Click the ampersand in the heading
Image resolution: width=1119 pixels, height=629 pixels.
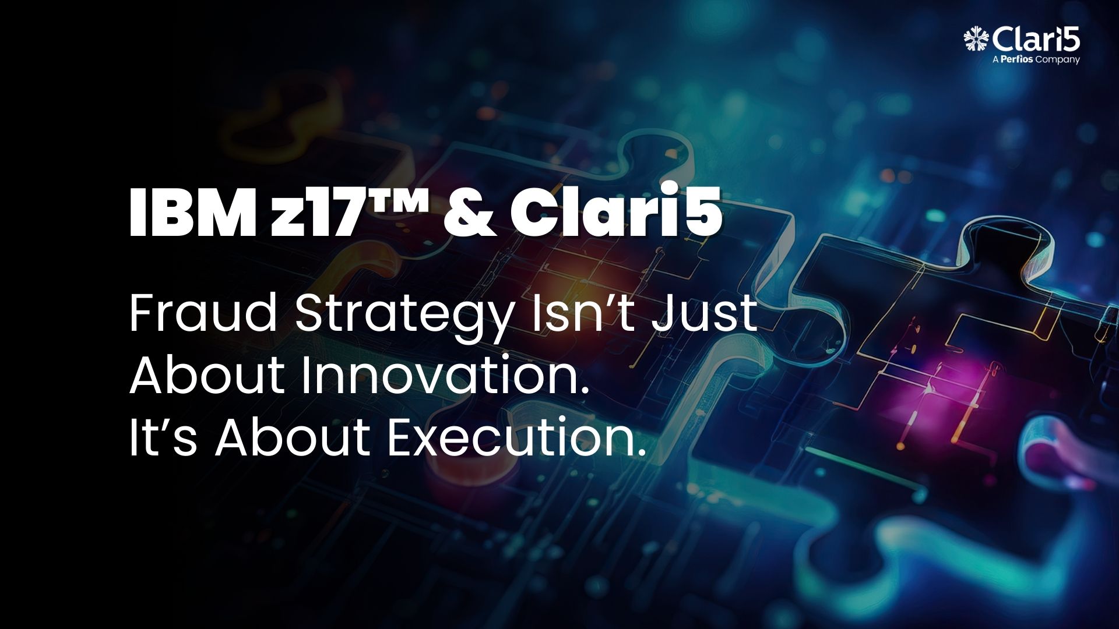point(470,213)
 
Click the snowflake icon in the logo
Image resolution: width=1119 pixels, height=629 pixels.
point(976,39)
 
